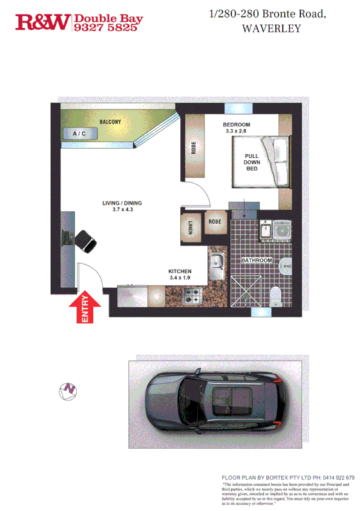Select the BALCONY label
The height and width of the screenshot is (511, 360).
(x=110, y=122)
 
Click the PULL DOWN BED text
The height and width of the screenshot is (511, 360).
(x=252, y=161)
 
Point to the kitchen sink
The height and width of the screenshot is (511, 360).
(x=217, y=264)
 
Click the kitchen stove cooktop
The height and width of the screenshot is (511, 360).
(x=193, y=297)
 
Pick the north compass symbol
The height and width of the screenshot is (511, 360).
(x=69, y=391)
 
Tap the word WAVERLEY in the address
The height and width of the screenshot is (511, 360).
(x=270, y=28)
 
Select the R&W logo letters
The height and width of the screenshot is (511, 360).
(x=42, y=22)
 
